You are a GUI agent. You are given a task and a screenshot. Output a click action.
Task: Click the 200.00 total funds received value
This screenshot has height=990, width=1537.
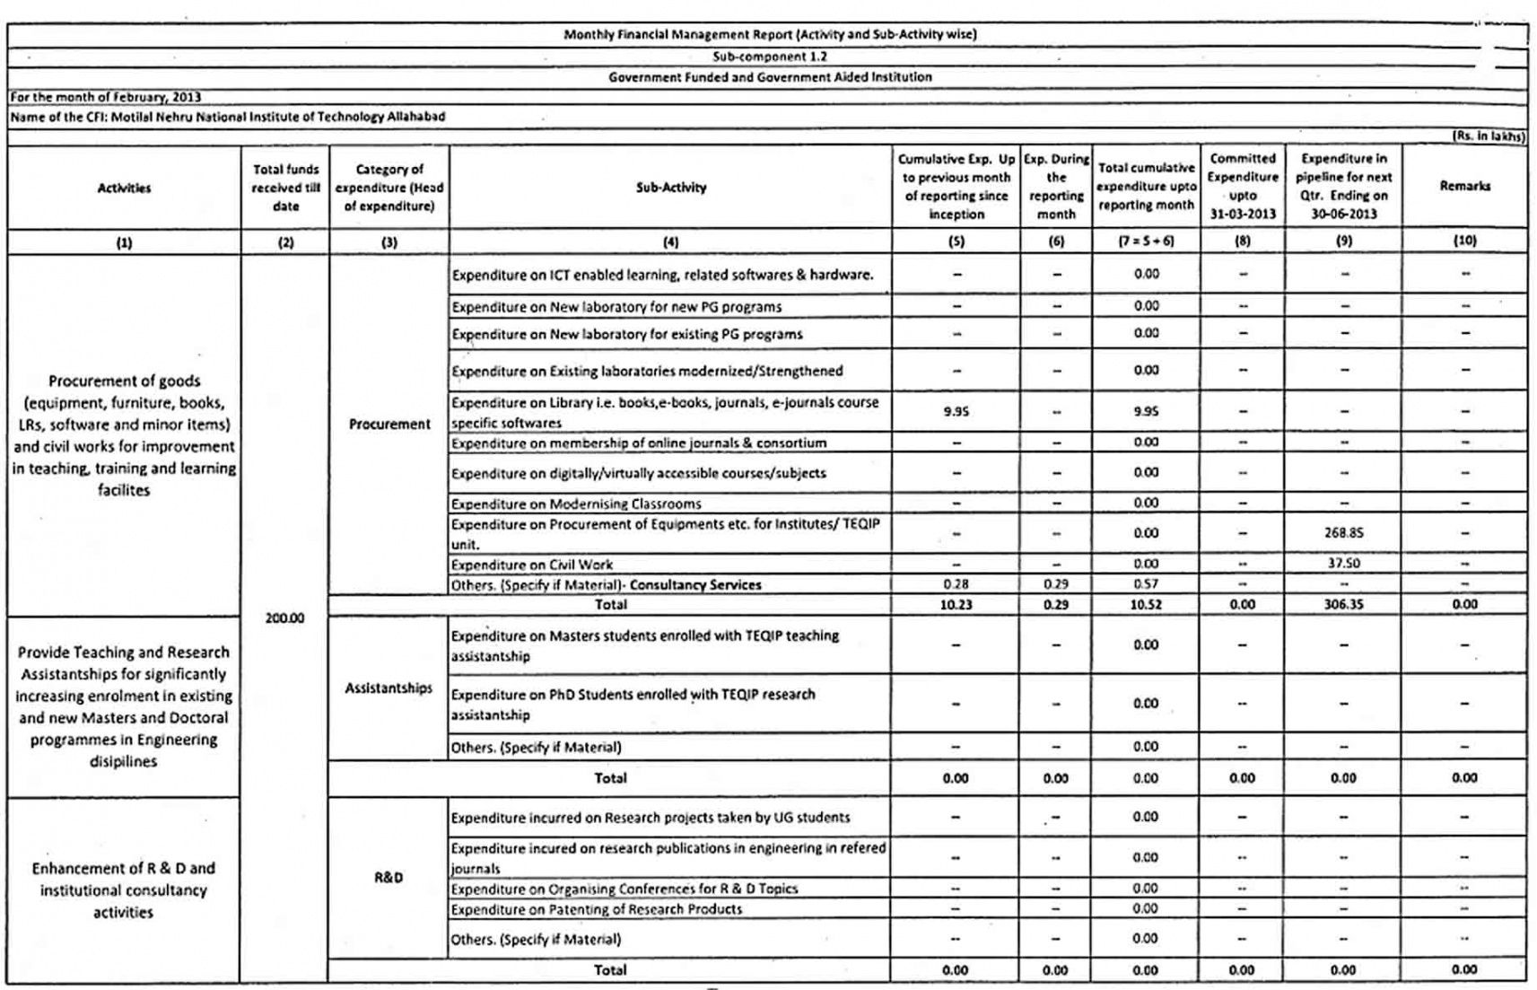[284, 618]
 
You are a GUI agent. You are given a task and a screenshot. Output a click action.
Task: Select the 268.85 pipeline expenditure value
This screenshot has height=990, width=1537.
[1343, 533]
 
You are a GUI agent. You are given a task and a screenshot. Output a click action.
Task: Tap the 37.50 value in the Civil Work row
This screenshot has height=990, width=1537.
[1343, 564]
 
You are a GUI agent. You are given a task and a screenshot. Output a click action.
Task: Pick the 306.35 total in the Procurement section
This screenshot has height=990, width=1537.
[1343, 604]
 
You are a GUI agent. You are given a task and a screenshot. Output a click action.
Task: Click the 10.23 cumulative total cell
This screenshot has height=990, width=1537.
[956, 604]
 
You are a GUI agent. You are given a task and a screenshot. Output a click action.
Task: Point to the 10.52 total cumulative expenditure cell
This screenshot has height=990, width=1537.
[1146, 604]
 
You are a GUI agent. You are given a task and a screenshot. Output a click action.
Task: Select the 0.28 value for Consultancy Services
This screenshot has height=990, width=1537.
[956, 584]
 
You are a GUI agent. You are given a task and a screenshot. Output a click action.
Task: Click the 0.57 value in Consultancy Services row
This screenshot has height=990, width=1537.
[1146, 584]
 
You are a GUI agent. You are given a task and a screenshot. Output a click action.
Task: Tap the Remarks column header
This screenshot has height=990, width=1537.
[1464, 186]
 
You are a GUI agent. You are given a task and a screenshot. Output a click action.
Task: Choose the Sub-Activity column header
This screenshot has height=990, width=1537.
[670, 188]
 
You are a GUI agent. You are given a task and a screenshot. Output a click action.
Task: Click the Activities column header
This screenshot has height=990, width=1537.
[124, 188]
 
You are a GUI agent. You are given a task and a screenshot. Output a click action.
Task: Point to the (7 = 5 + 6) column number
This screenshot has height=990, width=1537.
[1146, 241]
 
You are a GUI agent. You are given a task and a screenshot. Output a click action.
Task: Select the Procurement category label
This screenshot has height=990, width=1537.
[389, 424]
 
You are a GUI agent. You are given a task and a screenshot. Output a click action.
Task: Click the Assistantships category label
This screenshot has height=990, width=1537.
[389, 688]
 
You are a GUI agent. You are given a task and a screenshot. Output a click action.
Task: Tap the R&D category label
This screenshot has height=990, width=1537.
[389, 877]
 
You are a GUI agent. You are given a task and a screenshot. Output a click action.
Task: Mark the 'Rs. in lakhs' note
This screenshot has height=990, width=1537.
[1489, 136]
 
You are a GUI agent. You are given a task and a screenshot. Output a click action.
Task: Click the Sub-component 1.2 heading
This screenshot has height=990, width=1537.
[769, 56]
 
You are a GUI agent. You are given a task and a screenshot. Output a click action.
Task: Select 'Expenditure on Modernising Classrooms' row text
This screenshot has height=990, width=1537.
[576, 504]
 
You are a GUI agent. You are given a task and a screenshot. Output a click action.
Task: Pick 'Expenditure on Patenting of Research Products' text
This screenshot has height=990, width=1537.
[597, 908]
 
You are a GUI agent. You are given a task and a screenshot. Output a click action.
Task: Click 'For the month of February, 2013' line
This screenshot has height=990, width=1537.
[106, 97]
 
